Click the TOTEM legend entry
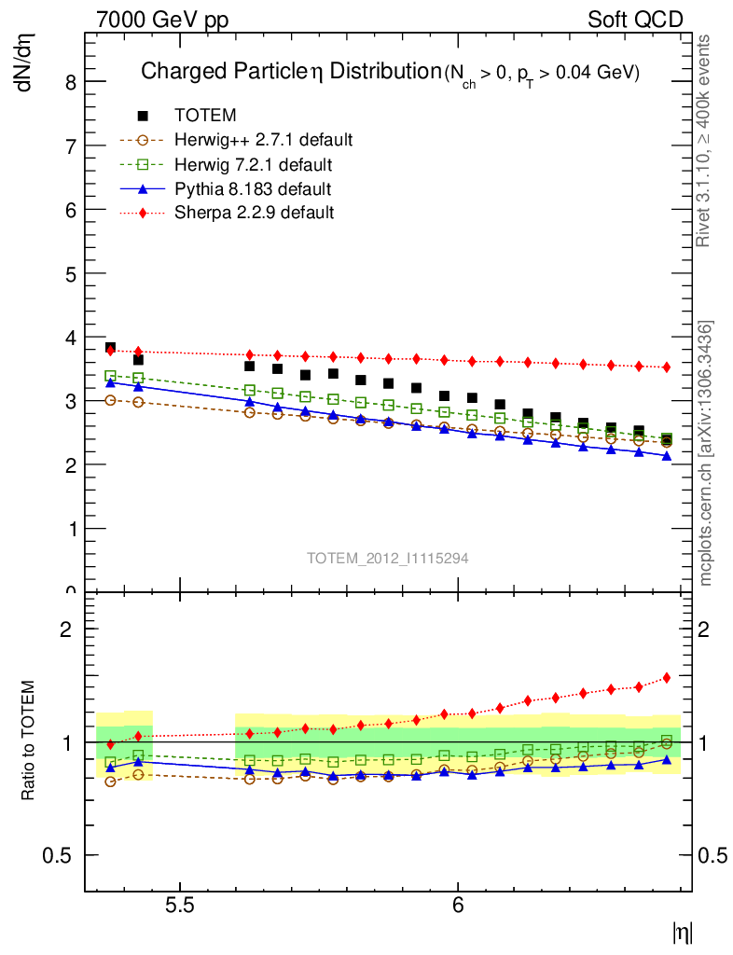(x=205, y=116)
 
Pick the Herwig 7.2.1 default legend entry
(x=253, y=164)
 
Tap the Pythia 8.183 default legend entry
(x=253, y=188)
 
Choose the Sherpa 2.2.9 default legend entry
(x=254, y=213)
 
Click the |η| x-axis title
(x=682, y=931)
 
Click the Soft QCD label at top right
(x=634, y=20)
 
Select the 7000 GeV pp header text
(x=163, y=20)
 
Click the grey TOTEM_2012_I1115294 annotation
(x=388, y=558)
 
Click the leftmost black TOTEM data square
(x=110, y=347)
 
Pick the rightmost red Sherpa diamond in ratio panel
(x=667, y=678)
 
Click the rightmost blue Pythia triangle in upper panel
(x=667, y=456)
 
